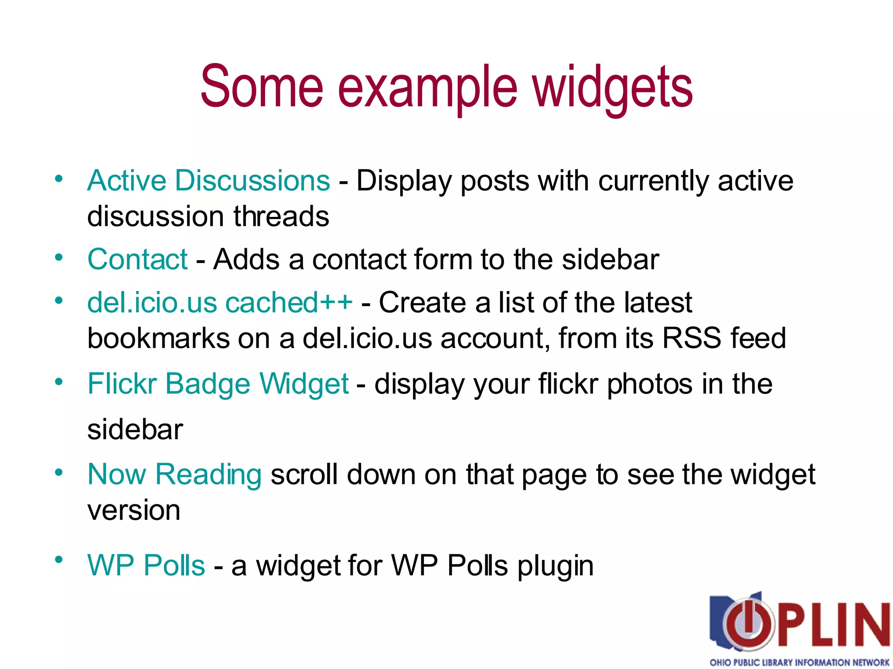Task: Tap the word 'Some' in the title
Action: pos(262,86)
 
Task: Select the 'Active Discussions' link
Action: pos(208,180)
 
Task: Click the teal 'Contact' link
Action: pos(137,260)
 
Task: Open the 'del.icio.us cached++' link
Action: pos(220,302)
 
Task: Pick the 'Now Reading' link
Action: pos(174,474)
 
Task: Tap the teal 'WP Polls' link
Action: pos(146,565)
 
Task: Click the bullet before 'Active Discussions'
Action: pos(59,179)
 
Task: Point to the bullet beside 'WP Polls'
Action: pos(59,559)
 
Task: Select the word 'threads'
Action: pos(281,216)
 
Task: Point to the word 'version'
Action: pos(133,510)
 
